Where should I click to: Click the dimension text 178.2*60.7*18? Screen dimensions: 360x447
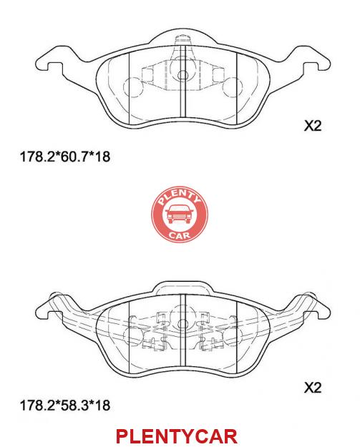pos(64,157)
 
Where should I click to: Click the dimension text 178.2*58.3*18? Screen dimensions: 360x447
pos(64,405)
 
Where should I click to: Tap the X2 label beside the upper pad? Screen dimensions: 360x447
pos(313,125)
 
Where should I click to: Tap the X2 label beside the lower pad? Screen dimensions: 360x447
pos(313,388)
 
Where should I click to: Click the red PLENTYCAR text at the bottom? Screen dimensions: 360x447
pos(177,436)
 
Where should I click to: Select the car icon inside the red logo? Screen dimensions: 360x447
pos(180,214)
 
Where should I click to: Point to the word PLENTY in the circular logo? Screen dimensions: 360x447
pos(179,197)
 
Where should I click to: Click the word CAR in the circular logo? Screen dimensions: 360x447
pos(180,235)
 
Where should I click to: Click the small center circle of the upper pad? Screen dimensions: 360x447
pos(183,75)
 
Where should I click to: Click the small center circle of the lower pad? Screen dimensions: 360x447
pos(183,324)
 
